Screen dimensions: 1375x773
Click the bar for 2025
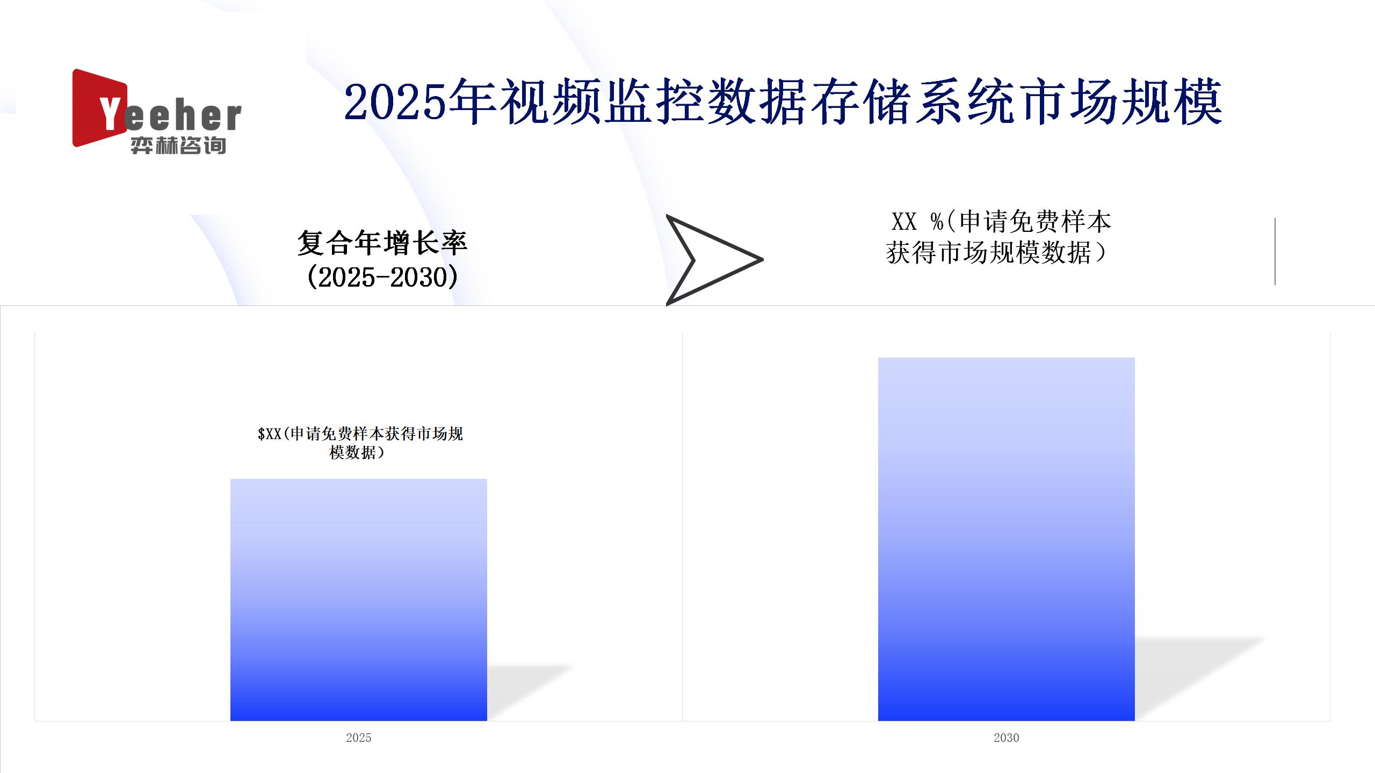(x=358, y=600)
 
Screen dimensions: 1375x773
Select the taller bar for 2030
(x=1006, y=539)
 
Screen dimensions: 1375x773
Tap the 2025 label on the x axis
(x=358, y=738)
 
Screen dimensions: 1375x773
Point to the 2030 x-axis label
(x=1006, y=738)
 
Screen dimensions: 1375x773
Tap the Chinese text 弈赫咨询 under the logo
(x=178, y=145)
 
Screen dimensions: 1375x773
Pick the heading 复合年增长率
(x=382, y=243)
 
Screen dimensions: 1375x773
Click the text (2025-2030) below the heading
(x=382, y=277)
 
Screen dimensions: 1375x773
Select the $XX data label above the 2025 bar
(x=360, y=443)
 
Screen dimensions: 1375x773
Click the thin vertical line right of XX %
(x=1275, y=251)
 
